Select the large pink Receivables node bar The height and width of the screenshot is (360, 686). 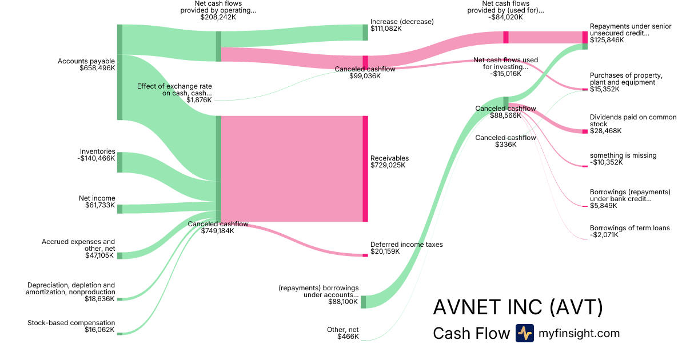pos(365,169)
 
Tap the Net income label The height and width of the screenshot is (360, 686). pos(97,198)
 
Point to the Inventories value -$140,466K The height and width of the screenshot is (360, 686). pos(97,159)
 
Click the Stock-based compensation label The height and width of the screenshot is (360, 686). pos(71,323)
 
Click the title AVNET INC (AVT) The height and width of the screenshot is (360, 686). pos(518,307)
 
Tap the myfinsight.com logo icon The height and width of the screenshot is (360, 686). pos(524,333)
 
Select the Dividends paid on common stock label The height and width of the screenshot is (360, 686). pos(633,121)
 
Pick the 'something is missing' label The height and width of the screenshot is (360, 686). pos(623,155)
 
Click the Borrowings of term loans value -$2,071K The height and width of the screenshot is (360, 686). pos(604,235)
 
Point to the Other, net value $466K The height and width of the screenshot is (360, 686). pos(348,337)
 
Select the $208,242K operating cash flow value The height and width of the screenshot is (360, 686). pos(218,17)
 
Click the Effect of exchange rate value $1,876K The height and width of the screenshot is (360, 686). pos(199,100)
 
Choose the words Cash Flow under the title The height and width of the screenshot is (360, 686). pos(471,333)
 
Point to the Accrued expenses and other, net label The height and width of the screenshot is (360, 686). pos(78,245)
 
